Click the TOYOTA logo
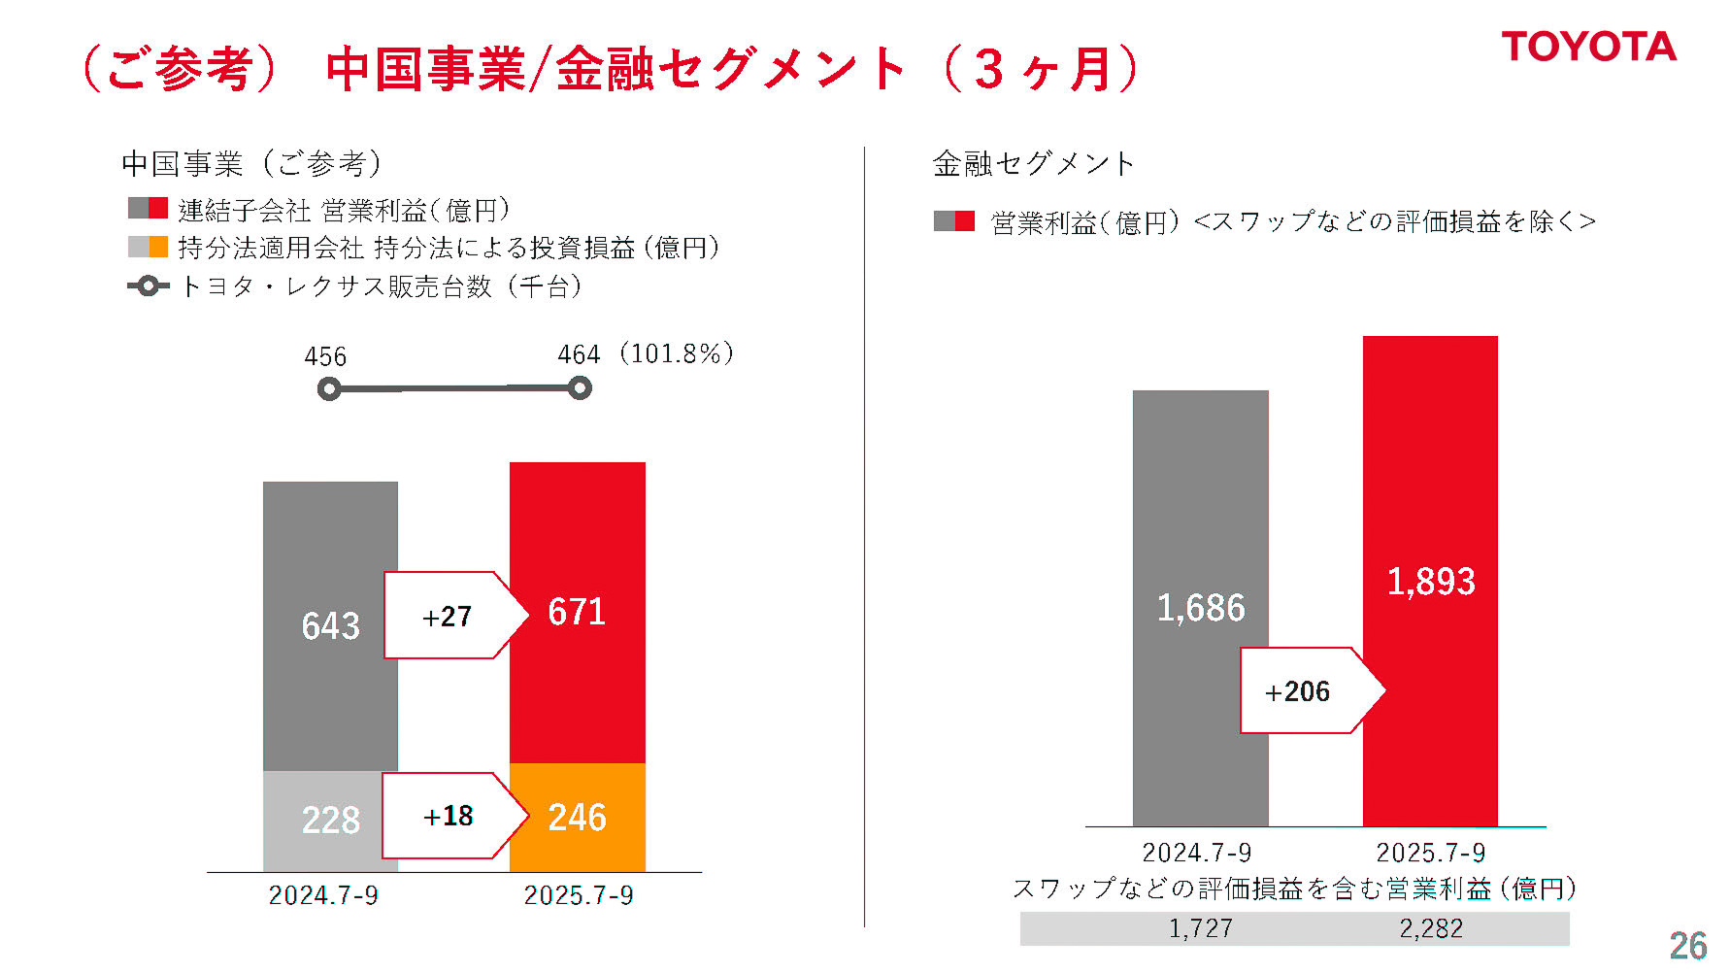tap(1588, 47)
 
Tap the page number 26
tap(1687, 945)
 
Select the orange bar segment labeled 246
tap(578, 818)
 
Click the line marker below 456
tap(329, 389)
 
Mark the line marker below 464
tap(580, 388)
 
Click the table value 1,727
tap(1200, 928)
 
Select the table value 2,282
tap(1430, 928)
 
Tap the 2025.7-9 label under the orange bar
tap(578, 894)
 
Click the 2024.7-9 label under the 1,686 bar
tap(1196, 853)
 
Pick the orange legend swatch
tap(158, 247)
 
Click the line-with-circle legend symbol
tap(148, 286)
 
